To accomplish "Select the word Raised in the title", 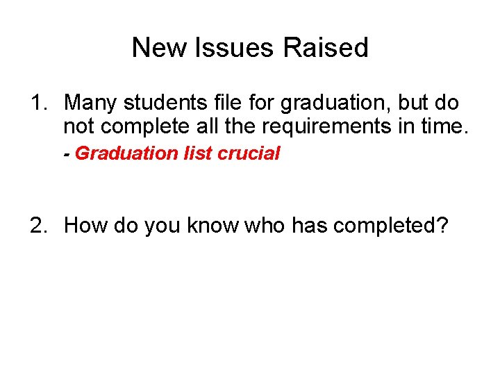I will click(326, 48).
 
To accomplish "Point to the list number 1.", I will click(37, 103).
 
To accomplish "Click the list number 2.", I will click(37, 226).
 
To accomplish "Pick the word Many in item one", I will click(90, 103).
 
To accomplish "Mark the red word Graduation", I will click(118, 153).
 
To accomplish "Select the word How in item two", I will click(84, 226).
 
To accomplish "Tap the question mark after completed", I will click(443, 226).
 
